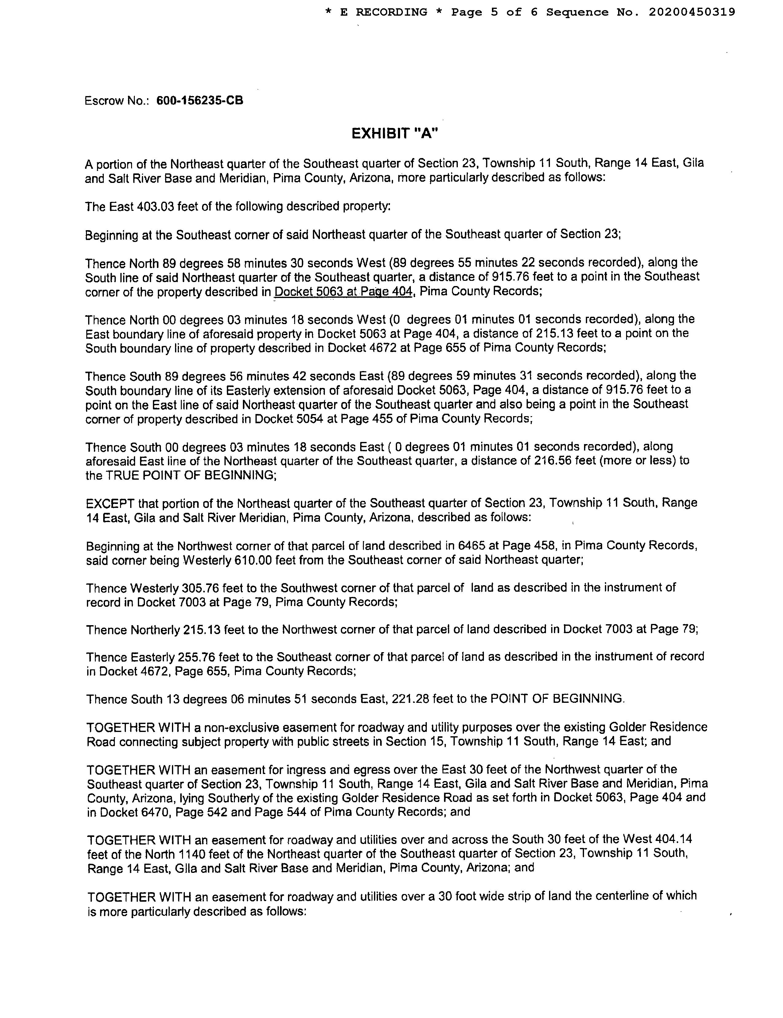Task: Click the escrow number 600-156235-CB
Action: point(200,101)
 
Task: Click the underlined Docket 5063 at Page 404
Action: point(344,292)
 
